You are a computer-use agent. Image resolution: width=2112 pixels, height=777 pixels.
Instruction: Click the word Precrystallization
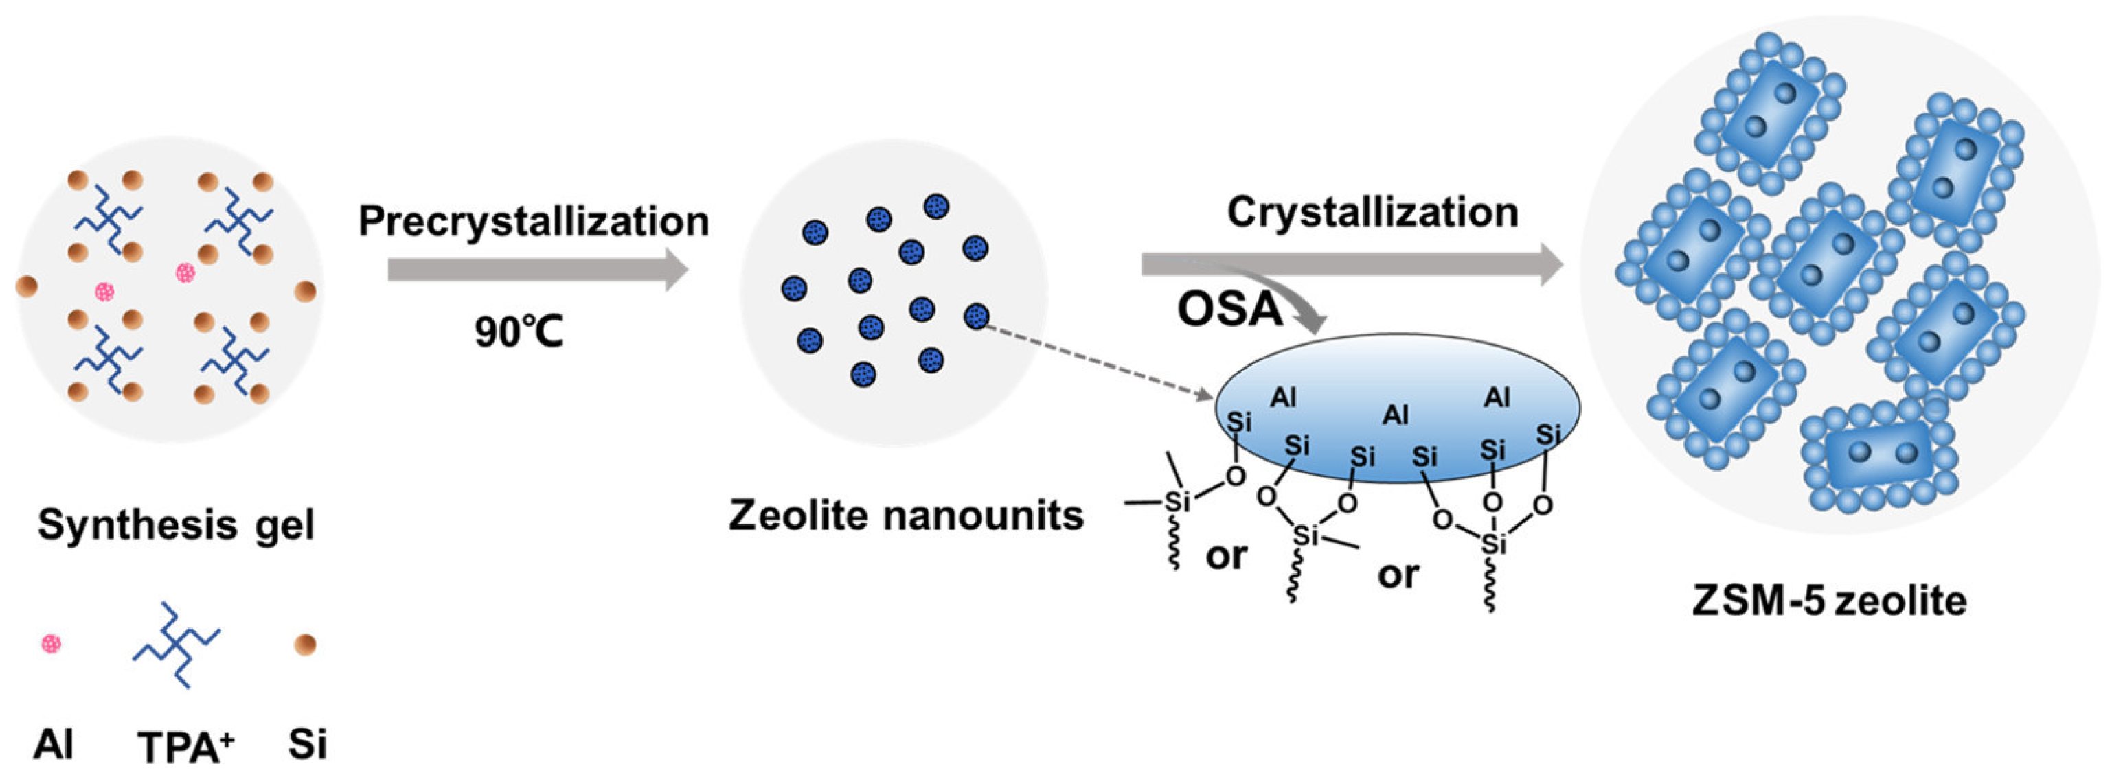click(533, 221)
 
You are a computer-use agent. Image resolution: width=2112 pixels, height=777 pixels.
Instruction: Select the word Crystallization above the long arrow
click(1372, 212)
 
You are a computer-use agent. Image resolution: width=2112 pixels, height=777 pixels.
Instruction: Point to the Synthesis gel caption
click(175, 525)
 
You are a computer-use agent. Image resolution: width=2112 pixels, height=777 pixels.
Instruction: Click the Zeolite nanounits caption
click(906, 515)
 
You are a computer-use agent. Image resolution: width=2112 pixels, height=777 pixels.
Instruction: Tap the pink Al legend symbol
click(51, 645)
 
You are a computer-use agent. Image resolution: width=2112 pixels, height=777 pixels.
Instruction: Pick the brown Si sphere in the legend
click(305, 645)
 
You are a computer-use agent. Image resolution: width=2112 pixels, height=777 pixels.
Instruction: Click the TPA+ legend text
click(185, 747)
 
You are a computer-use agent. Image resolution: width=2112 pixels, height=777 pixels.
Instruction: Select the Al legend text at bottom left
click(54, 745)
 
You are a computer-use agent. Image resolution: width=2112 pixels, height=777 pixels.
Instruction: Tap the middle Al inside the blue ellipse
click(1395, 415)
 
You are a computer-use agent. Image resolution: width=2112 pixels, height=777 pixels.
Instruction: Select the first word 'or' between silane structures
click(1226, 557)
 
